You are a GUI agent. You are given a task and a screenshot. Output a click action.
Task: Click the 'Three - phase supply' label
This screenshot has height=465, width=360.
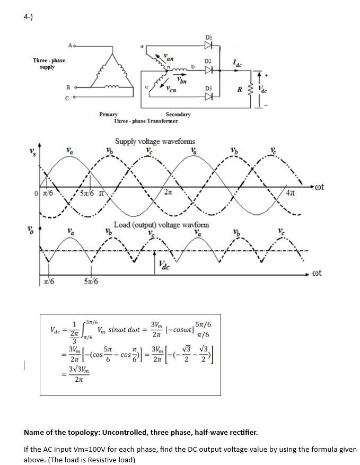(49, 64)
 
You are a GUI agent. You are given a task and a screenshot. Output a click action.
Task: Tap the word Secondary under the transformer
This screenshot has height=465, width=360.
(178, 115)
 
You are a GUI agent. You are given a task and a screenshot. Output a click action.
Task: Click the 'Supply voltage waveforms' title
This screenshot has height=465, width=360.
(155, 142)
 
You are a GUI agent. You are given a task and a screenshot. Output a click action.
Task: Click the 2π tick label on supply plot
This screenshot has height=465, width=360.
(168, 192)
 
